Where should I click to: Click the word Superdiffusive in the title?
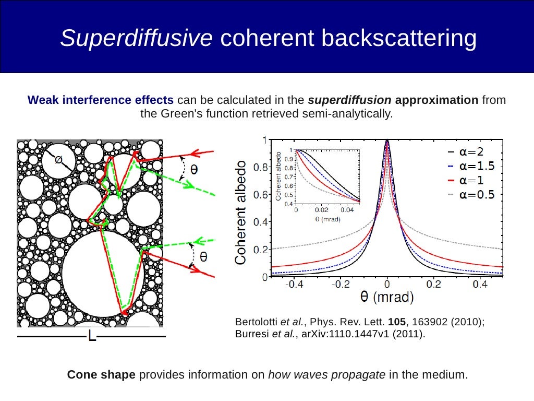pyautogui.click(x=136, y=39)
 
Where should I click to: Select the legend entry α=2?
pyautogui.click(x=472, y=152)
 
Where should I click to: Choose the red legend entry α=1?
pyautogui.click(x=472, y=181)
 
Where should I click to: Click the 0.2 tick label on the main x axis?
pyautogui.click(x=433, y=285)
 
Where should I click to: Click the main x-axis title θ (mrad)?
pyautogui.click(x=387, y=298)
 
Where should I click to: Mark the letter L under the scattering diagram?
pyautogui.click(x=92, y=336)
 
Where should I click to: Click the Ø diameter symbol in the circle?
pyautogui.click(x=58, y=159)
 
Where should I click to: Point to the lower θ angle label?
pyautogui.click(x=203, y=256)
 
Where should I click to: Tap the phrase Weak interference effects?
pyautogui.click(x=101, y=100)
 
